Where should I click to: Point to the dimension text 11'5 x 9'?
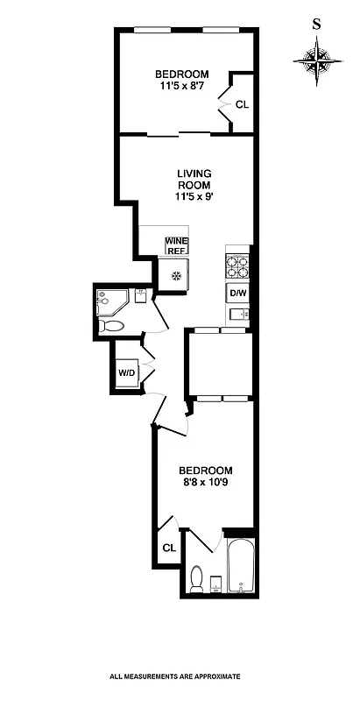(194, 197)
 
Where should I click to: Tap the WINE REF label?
(178, 244)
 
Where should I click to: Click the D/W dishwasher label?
(238, 293)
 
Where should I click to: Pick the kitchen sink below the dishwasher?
(238, 315)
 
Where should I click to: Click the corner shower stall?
(110, 302)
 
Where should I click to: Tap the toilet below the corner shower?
(112, 326)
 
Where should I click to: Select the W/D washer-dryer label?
(127, 372)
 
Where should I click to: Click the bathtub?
(240, 570)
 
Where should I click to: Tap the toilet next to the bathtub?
(198, 578)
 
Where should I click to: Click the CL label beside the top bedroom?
(241, 103)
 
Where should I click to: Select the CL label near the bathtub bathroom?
(168, 548)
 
